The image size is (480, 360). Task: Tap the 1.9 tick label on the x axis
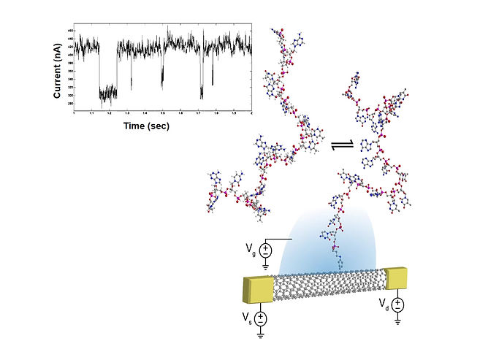[x=234, y=114]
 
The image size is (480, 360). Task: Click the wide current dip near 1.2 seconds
[x=108, y=92]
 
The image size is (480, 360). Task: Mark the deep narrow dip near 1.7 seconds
[x=201, y=91]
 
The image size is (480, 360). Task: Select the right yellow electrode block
[x=395, y=277]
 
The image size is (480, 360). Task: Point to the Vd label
[x=384, y=302]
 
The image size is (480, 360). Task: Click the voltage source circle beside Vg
[x=265, y=250]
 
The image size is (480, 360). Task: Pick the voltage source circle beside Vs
[x=261, y=318]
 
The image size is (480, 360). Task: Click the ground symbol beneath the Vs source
[x=261, y=334]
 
